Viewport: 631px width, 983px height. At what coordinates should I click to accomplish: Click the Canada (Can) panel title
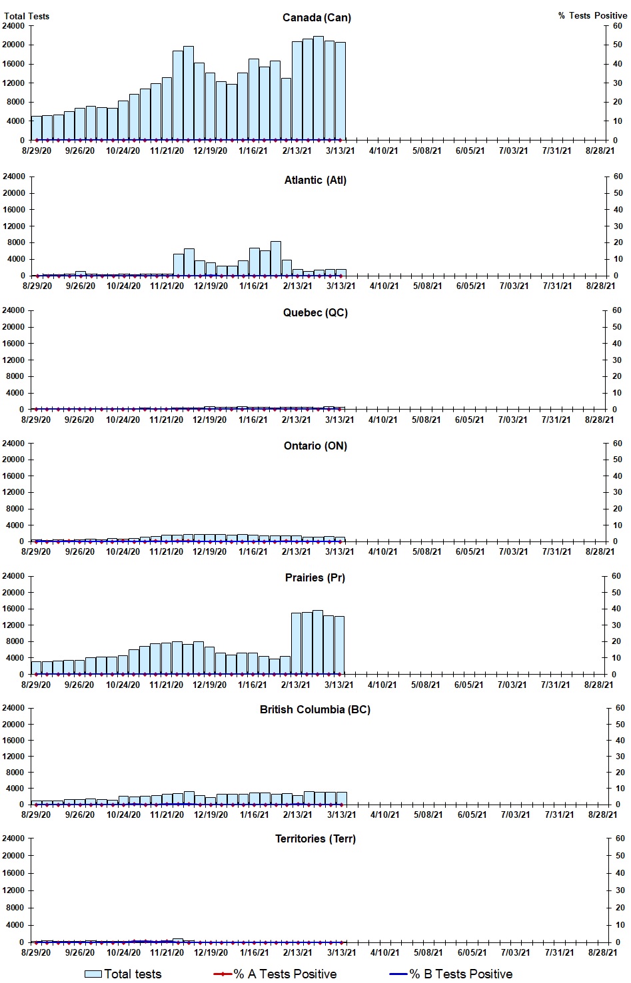click(316, 17)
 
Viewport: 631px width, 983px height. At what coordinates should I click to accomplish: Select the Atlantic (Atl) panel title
click(315, 180)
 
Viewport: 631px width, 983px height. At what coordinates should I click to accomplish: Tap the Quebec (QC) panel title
click(315, 312)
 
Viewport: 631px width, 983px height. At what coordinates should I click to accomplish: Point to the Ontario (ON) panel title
click(315, 446)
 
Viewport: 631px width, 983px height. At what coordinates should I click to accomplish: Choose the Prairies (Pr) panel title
click(315, 577)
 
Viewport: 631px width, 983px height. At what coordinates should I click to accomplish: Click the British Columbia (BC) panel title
click(315, 709)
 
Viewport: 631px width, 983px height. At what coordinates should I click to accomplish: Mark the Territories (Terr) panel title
click(315, 838)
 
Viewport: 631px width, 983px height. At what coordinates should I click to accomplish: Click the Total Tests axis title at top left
click(27, 16)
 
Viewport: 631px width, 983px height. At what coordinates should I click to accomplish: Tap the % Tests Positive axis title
click(592, 15)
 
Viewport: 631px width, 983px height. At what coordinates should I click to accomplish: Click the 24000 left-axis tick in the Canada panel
click(14, 26)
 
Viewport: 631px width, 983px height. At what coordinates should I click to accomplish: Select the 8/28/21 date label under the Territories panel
click(602, 952)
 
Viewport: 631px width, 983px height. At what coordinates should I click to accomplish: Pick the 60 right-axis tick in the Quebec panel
click(618, 310)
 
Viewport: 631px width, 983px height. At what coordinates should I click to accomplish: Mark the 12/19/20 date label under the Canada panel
click(210, 151)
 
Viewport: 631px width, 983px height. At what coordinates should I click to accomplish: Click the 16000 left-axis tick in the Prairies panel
click(14, 609)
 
